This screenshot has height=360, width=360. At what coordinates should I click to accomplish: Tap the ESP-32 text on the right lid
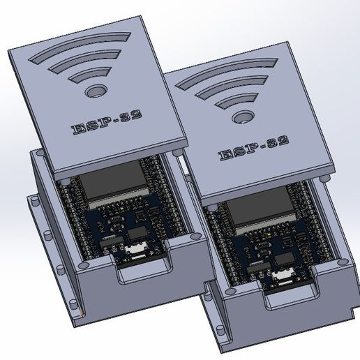pos(253,149)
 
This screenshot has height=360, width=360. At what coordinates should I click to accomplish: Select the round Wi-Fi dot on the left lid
pos(95,91)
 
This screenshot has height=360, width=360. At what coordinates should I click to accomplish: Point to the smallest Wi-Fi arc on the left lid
pos(91,73)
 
